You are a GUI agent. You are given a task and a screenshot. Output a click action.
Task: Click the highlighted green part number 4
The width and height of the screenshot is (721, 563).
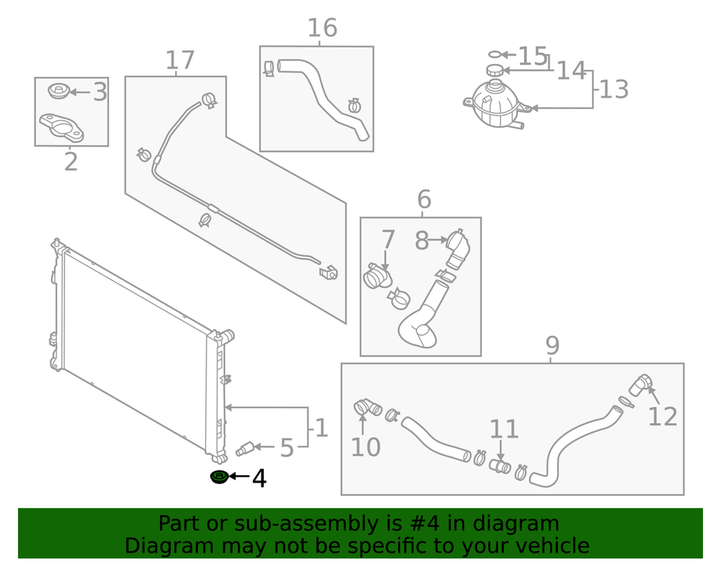tap(219, 477)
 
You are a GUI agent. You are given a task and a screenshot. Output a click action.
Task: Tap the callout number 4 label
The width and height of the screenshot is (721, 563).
tap(259, 478)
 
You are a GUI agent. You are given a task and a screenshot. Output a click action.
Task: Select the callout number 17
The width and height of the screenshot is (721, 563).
tap(179, 61)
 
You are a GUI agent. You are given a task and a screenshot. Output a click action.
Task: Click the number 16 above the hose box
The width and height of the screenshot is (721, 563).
tap(322, 29)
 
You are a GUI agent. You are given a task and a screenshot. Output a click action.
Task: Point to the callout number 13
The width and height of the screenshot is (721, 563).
tap(613, 89)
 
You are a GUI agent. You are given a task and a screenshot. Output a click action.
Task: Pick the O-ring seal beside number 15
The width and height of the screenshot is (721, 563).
tap(493, 54)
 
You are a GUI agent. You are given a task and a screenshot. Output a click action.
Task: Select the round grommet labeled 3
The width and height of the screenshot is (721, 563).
tap(58, 91)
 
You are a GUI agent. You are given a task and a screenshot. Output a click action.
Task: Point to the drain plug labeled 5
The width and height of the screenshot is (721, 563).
tap(244, 449)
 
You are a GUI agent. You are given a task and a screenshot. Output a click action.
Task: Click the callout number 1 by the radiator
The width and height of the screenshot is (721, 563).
tap(321, 428)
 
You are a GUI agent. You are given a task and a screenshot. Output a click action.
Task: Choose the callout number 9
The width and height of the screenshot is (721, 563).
tap(552, 346)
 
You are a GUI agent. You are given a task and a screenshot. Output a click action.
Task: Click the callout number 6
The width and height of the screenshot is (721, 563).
tap(424, 200)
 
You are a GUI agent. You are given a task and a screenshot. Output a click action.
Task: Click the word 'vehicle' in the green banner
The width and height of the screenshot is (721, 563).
tap(546, 546)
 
